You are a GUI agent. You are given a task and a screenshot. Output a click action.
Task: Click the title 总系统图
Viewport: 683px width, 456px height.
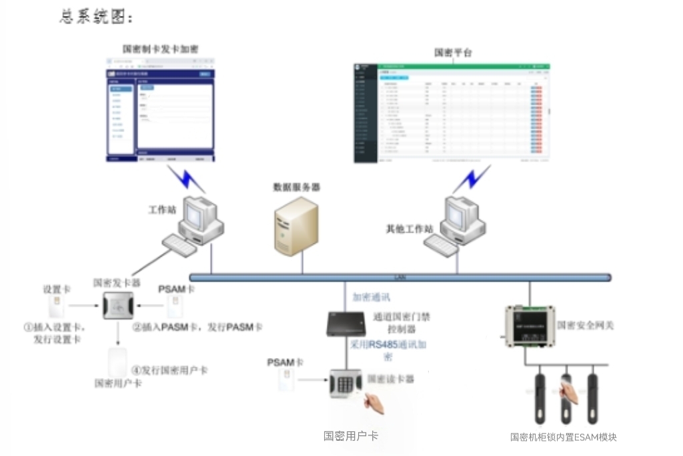[x=96, y=17]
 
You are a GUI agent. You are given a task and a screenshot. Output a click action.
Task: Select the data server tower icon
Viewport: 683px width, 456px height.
[x=296, y=226]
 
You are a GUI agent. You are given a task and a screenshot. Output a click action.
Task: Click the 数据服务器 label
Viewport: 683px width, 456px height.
[x=296, y=187]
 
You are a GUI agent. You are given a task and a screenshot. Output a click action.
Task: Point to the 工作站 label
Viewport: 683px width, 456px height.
[x=162, y=210]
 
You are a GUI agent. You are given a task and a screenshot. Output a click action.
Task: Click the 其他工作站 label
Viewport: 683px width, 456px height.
[x=410, y=229]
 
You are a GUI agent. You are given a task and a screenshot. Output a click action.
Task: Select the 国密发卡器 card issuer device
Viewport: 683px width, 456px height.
[x=119, y=307]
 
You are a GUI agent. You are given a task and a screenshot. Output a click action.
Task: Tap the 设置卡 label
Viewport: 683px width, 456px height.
[x=57, y=289]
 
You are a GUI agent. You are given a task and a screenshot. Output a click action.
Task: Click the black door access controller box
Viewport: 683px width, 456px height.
[x=346, y=324]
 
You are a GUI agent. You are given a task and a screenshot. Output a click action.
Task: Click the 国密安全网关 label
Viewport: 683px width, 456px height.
[x=585, y=325]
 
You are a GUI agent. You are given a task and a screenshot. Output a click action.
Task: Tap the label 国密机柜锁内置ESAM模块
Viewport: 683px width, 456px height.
[x=563, y=437]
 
